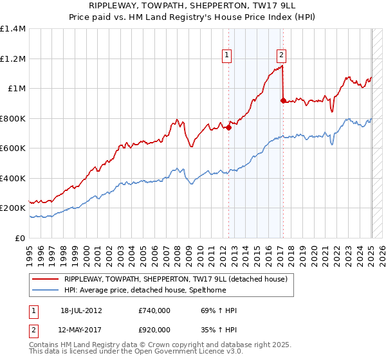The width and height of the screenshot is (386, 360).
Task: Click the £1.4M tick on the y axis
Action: coord(13,29)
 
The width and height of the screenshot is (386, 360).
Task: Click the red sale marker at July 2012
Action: coord(228,127)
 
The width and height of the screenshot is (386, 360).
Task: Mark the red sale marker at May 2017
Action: coord(283,100)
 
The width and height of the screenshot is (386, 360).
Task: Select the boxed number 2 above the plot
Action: coord(282,55)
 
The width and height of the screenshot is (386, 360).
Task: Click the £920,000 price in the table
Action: coord(154,329)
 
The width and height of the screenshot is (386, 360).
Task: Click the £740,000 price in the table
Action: coord(154,311)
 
